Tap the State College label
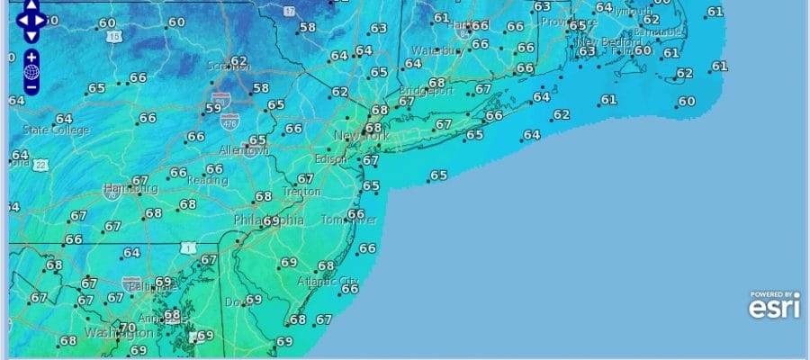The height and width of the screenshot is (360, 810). point(56,130)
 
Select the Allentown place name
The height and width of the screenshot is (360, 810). point(243,150)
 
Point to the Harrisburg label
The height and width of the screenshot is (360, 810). point(130,189)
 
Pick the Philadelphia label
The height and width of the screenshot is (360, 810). point(268,220)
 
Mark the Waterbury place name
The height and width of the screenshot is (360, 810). point(436,51)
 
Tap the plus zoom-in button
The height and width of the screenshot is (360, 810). point(31,56)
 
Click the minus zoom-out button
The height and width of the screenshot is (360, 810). point(31,87)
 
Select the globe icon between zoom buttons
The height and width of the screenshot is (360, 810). point(31,72)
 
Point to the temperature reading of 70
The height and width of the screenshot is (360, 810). point(128,328)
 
